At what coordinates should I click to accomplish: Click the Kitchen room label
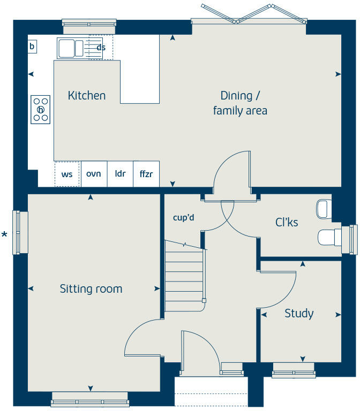pos(86,96)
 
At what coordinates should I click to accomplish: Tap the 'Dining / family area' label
pos(240,103)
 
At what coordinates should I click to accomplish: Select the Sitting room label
pos(91,289)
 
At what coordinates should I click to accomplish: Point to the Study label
pos(299,314)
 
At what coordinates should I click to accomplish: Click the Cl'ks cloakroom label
pos(287,223)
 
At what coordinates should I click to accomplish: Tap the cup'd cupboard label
pos(183,218)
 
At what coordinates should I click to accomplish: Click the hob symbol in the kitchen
pos(40,110)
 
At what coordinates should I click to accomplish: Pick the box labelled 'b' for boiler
pos(32,47)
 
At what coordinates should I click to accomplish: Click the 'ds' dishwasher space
pos(101,48)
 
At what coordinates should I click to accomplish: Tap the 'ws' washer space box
pos(67,174)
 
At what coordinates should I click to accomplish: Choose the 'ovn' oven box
pos(94,174)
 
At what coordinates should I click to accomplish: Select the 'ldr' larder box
pos(120,174)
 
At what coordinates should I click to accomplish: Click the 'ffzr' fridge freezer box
pos(146,174)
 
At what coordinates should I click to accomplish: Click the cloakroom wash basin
pos(324,209)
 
